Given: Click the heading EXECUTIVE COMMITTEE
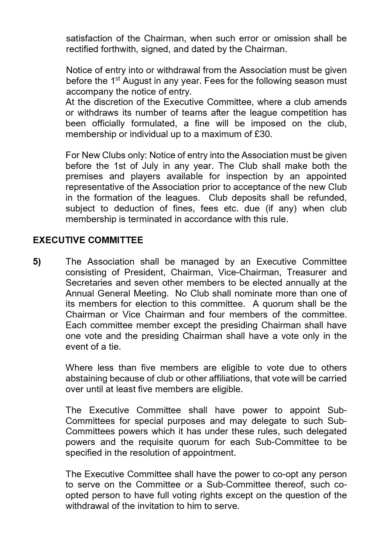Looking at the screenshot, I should [88, 240].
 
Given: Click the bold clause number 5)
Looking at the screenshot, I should [37, 262].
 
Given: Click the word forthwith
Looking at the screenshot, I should [120, 49].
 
